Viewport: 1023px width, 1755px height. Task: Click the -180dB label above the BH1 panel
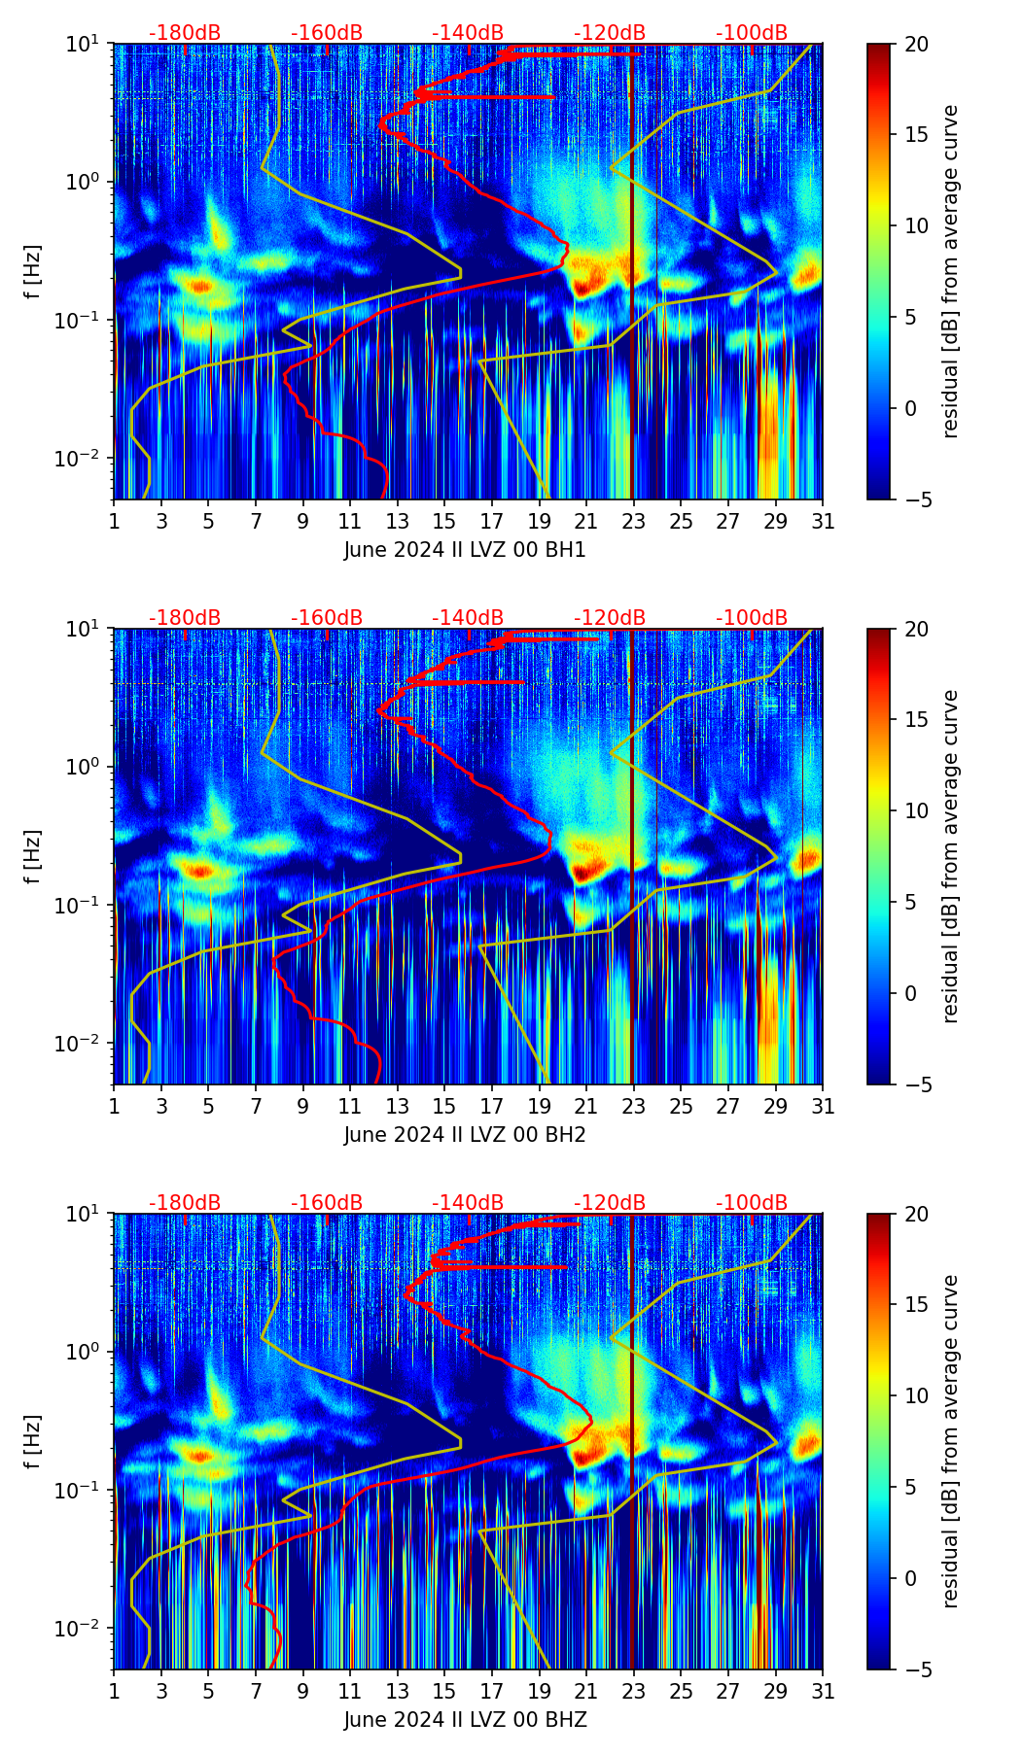tap(185, 33)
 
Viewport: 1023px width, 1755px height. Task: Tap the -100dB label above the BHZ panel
tap(752, 1203)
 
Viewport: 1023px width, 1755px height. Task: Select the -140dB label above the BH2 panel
tap(468, 618)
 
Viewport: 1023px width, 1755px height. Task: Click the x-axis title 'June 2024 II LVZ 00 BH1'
tap(465, 550)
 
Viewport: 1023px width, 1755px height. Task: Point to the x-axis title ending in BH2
tap(465, 1135)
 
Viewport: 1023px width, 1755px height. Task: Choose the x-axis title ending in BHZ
tap(465, 1720)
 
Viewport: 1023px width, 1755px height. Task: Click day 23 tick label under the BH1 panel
tap(634, 521)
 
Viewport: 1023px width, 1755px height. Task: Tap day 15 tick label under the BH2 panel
tap(444, 1106)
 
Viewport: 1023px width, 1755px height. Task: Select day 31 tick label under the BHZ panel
tap(823, 1691)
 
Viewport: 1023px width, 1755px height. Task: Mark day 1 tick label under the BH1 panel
tap(114, 521)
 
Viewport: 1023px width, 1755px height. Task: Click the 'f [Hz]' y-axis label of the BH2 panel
tap(33, 856)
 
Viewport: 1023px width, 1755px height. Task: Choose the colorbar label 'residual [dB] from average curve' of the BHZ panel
tap(951, 1441)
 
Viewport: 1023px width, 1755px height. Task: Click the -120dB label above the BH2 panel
tap(610, 618)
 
